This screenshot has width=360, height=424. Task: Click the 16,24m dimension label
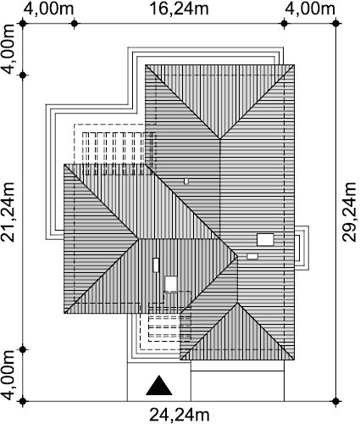coord(179,8)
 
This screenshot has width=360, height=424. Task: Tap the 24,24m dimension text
coord(179,415)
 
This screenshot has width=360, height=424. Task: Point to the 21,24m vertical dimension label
coord(8,212)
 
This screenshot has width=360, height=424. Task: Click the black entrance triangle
coord(159,385)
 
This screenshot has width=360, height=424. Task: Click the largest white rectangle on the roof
coord(265,239)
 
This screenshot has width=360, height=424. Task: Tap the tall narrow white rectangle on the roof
coord(156,265)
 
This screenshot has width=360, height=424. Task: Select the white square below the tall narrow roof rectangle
coord(171,283)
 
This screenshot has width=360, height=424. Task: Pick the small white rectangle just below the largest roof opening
coord(252,256)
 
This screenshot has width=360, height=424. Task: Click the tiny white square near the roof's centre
coord(186,181)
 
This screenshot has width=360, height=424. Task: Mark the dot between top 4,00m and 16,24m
coord(75,24)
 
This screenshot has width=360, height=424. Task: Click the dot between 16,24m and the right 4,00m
coord(285,24)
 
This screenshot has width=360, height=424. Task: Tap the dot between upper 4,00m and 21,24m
coord(23,75)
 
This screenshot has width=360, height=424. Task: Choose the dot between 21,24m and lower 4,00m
coord(23,349)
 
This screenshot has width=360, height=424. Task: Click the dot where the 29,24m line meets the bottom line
coord(335,401)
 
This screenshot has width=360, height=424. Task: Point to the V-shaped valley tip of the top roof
coord(220,139)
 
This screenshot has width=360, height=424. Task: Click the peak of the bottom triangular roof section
coord(237,303)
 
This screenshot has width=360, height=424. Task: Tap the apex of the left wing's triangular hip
coord(138,239)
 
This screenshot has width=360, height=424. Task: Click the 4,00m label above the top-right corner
coord(310,8)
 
